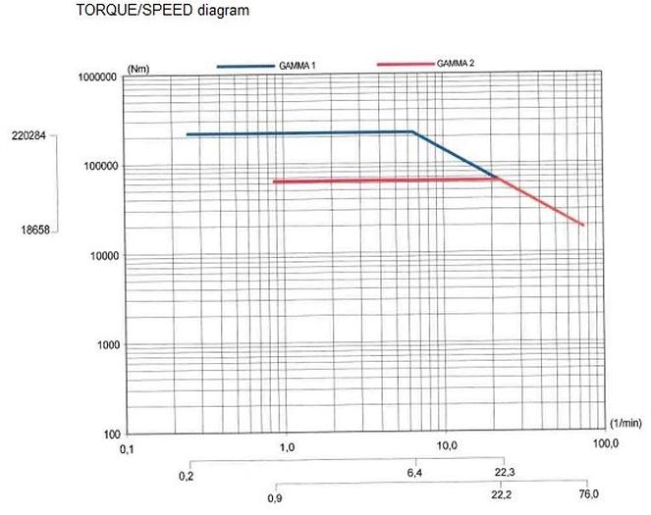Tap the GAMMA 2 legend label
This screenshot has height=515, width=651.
pos(457,65)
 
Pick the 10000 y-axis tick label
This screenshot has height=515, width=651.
pos(102,256)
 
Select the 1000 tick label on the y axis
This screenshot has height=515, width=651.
pos(105,345)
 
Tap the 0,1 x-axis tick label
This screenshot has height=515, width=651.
pos(127,447)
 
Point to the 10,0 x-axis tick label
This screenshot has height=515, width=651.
pos(448,447)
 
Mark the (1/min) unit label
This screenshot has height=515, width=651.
pos(625,423)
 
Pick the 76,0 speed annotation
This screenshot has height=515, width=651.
pos(588,493)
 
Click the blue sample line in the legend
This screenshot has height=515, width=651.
pos(251,66)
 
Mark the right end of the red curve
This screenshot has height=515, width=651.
pos(584,226)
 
